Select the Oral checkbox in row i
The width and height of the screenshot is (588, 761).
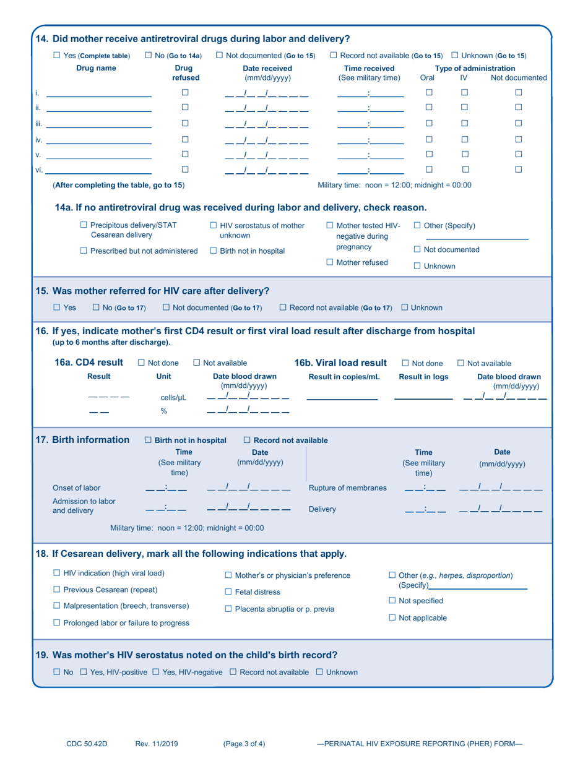[429, 92]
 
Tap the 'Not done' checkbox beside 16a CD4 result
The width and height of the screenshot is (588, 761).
[141, 363]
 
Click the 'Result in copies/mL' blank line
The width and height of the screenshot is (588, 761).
[342, 398]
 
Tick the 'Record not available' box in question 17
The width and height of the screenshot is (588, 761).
[247, 440]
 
